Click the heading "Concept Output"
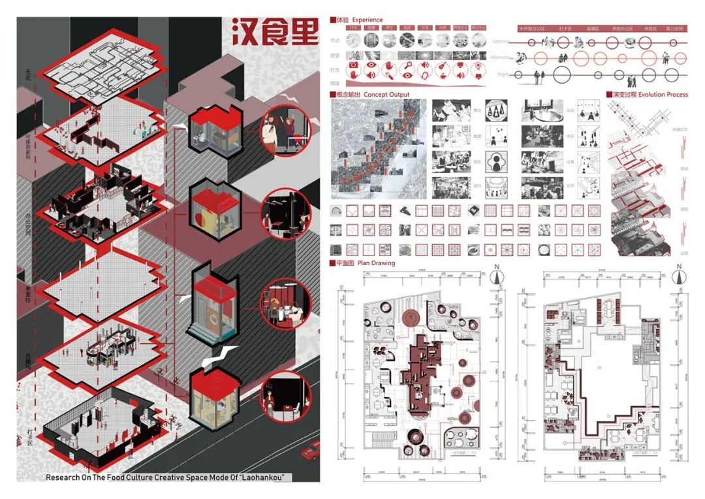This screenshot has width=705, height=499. (386, 95)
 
